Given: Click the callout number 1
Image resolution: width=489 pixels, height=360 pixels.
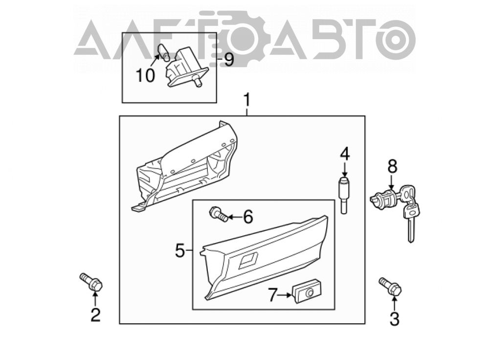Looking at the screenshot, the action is tap(246, 100).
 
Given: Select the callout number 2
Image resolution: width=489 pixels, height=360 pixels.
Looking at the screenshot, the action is tap(95, 315).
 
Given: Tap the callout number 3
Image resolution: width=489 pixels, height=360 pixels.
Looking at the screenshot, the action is tap(395, 319).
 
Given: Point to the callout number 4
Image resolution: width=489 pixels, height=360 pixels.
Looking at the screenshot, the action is tap(345, 154).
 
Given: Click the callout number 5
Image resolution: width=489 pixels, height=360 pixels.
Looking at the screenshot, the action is tap(180, 250).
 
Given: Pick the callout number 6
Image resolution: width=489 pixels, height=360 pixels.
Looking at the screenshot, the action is tap(248, 217).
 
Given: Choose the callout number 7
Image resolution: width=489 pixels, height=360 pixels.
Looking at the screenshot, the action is tap(272, 295).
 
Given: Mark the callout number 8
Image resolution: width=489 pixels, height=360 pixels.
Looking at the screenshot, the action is tap(392, 166).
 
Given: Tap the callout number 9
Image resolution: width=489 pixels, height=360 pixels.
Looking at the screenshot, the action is tap(229, 59).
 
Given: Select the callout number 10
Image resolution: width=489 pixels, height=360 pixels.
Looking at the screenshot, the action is tap(145, 75).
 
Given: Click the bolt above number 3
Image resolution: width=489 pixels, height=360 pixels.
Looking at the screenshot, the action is tap(390, 286).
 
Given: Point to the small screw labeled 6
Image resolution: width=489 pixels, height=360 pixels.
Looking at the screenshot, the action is tap(218, 214).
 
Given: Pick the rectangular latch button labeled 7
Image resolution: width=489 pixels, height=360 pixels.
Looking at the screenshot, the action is tap(307, 291).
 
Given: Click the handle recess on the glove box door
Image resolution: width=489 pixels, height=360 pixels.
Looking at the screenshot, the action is tap(248, 261).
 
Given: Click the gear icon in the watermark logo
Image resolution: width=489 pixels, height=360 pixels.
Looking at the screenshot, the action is tap(232, 39).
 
